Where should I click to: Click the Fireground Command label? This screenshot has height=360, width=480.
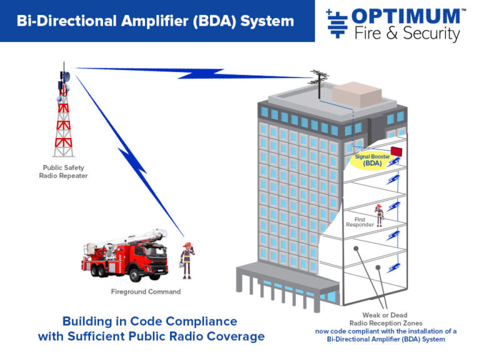click(x=146, y=291)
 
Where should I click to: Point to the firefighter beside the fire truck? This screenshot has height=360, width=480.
click(x=186, y=260)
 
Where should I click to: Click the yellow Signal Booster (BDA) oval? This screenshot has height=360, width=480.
click(x=372, y=160)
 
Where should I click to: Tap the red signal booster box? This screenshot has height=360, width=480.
click(x=399, y=152)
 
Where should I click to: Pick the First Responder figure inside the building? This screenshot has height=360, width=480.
click(x=378, y=214)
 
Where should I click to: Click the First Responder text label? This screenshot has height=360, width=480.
click(x=364, y=222)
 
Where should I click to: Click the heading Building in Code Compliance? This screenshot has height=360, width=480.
click(x=150, y=321)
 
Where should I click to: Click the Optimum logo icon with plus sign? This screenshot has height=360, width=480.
click(x=337, y=24)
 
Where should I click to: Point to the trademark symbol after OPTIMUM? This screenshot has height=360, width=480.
click(x=463, y=11)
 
